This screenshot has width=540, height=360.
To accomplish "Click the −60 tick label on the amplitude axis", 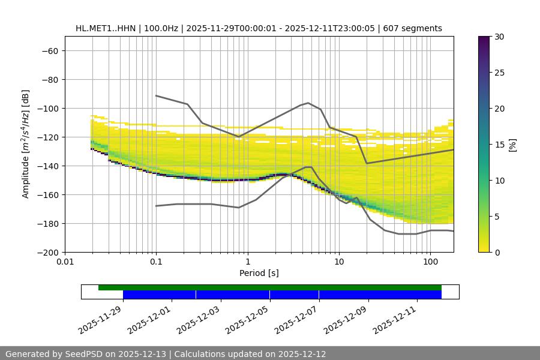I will point(49,50).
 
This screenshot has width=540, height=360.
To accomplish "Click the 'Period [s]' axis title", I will point(259,273).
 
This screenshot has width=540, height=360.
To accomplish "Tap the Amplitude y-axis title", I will point(25,144).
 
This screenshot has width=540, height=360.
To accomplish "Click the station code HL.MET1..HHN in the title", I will point(106,28).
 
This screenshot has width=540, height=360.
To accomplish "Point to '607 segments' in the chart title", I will point(413,28).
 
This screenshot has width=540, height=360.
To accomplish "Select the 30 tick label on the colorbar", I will point(499,37).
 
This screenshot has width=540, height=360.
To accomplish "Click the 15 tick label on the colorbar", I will point(499,145).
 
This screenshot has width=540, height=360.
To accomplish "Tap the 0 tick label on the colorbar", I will point(496,252).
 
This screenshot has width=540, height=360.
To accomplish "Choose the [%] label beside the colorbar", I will point(512,145).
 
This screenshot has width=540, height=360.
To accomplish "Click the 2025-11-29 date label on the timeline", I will point(101,319).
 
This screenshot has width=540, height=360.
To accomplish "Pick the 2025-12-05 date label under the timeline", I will point(248,319).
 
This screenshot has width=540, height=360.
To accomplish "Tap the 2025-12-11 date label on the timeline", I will point(395,319).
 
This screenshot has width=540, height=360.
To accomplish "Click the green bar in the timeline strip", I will point(270,287).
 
